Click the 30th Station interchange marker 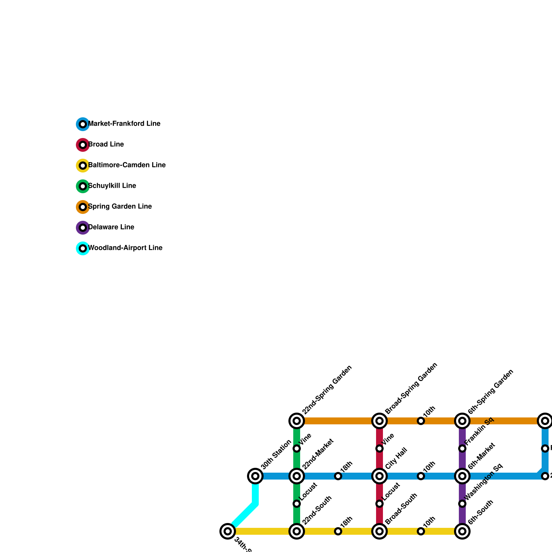tap(255, 476)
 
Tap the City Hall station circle tap(379, 476)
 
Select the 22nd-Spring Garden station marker tap(297, 421)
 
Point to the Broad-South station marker tap(379, 531)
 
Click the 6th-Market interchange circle tap(462, 476)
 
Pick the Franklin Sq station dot tap(462, 448)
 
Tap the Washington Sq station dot tap(462, 504)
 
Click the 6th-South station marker tap(462, 531)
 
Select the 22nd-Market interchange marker tap(297, 476)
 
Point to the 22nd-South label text tap(317, 510)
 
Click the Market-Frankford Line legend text tap(124, 124)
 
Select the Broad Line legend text tap(106, 145)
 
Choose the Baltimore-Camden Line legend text tap(127, 165)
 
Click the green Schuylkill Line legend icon tap(83, 186)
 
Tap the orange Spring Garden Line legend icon tap(83, 207)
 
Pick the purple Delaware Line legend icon tap(83, 228)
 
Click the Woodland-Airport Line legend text tap(125, 248)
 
